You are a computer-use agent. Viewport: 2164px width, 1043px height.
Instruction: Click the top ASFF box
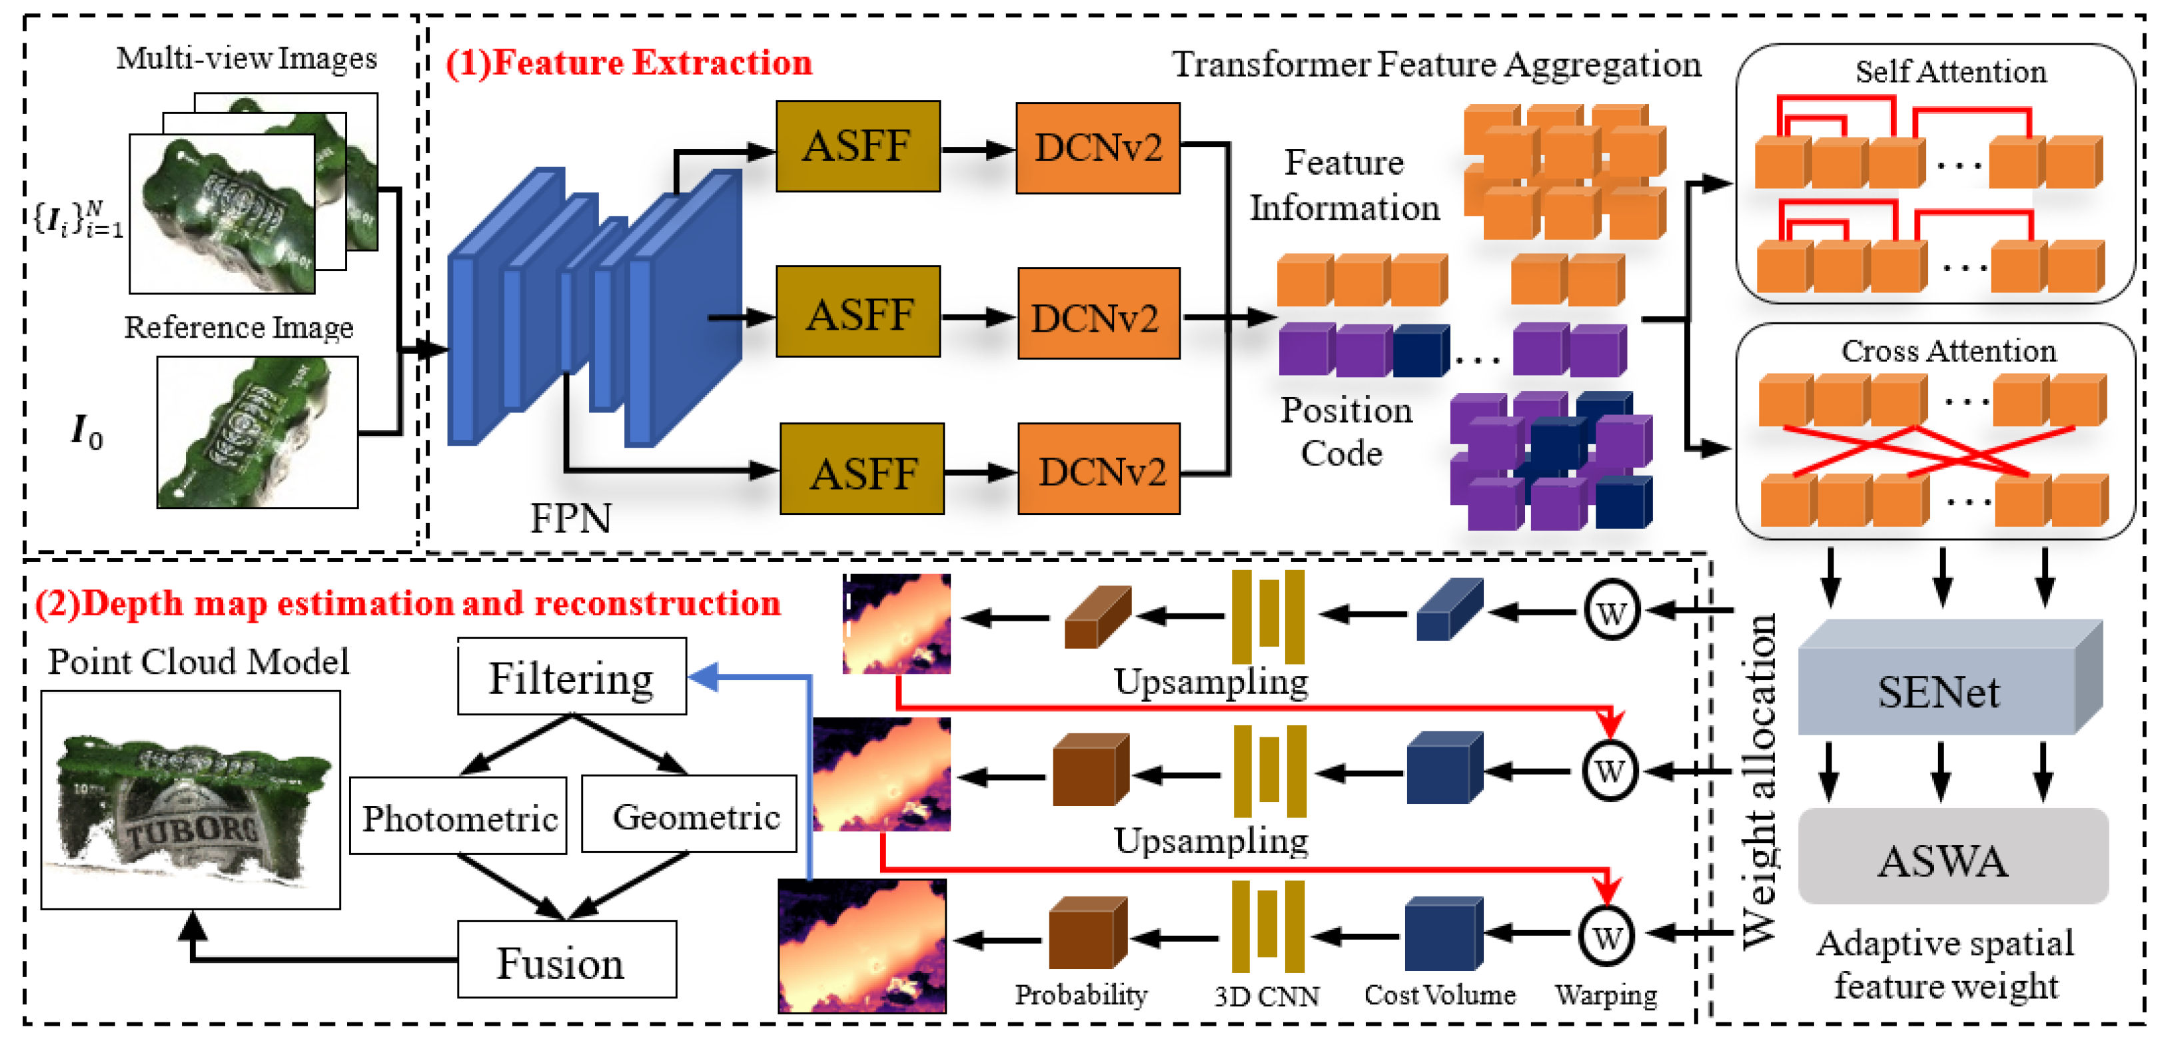coord(857,146)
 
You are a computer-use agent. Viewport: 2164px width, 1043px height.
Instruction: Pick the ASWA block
coord(1951,857)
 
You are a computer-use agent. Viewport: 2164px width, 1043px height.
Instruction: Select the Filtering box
coord(571,677)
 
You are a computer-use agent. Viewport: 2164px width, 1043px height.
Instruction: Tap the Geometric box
coord(689,814)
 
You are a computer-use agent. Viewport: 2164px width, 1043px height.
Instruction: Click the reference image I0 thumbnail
coord(257,432)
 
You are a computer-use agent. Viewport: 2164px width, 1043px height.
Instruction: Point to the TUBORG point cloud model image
coord(191,799)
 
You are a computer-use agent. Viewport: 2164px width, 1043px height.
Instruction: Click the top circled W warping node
coord(1611,611)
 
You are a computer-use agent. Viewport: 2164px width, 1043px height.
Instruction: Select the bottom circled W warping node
coord(1606,936)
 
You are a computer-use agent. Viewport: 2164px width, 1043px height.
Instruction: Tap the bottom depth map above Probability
coord(862,946)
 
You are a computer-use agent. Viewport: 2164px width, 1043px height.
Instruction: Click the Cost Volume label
coord(1439,994)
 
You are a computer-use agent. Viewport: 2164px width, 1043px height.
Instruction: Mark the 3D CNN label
coord(1266,996)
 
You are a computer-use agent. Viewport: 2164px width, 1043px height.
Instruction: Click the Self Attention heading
coord(1949,72)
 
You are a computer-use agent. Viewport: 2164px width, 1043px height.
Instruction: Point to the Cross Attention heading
coord(1948,350)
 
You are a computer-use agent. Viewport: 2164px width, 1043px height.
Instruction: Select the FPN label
coord(570,518)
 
